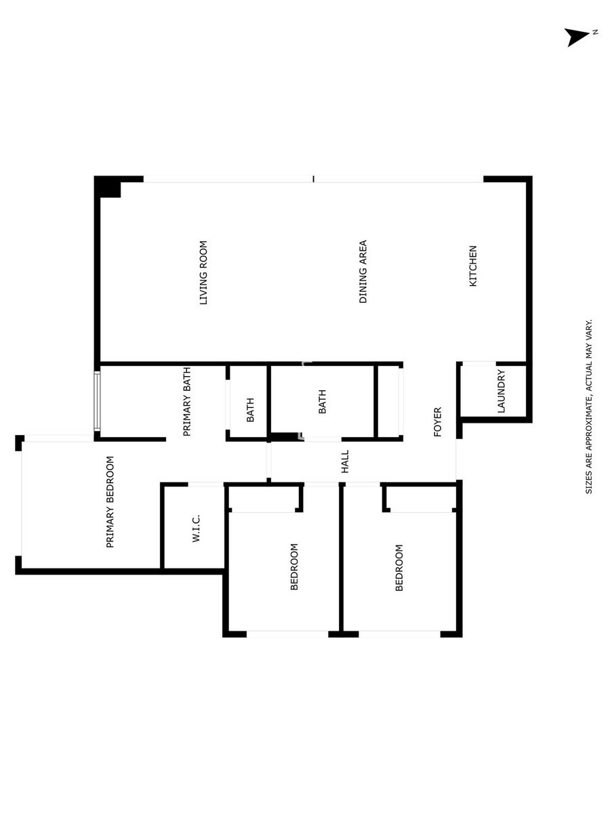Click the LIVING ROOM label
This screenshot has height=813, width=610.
[x=203, y=272]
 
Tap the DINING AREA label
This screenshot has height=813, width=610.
[x=363, y=272]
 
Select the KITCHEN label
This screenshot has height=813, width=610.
[x=473, y=266]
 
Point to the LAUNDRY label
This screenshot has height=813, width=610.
[x=501, y=391]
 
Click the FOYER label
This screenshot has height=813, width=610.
[x=437, y=422]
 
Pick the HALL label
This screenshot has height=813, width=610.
[x=345, y=461]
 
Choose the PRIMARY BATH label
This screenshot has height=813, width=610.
[x=186, y=402]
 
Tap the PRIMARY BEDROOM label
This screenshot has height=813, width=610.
[x=110, y=502]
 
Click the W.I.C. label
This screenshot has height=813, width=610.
[x=196, y=528]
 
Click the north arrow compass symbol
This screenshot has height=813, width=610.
[x=576, y=37]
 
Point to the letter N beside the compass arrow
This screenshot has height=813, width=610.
[x=595, y=33]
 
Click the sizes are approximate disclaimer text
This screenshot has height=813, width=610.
[x=588, y=406]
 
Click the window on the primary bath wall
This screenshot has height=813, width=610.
[x=97, y=401]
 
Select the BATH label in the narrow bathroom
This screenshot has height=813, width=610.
[x=250, y=410]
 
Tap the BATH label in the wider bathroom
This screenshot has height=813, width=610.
[x=322, y=402]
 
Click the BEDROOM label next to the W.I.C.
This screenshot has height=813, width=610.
[x=294, y=566]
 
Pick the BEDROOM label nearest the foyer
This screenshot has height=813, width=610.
[x=399, y=568]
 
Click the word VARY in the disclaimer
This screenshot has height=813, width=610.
[x=588, y=328]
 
